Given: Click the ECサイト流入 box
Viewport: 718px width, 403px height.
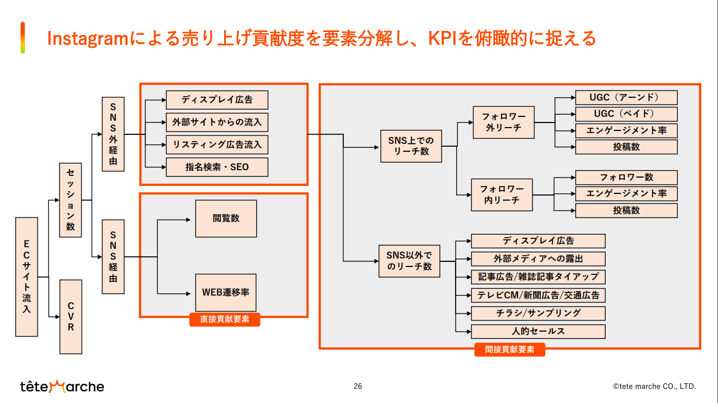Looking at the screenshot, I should point(26,277).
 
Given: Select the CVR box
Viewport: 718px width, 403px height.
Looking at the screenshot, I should point(71,316).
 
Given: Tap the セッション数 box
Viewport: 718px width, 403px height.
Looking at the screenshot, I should point(71,200).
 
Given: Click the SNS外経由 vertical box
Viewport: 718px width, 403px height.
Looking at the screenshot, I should point(113,134).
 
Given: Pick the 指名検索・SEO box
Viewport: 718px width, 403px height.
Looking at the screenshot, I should point(217,167).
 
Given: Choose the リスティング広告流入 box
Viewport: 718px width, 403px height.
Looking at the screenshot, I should point(217,144).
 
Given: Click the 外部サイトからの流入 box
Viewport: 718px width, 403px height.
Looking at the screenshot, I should point(217,122).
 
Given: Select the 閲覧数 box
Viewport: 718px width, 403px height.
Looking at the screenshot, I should point(226,218).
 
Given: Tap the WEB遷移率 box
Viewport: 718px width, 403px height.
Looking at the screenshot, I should point(226,293).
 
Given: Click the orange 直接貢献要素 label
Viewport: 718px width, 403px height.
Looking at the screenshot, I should point(225,319).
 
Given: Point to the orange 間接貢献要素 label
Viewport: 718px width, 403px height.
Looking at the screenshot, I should point(510,349).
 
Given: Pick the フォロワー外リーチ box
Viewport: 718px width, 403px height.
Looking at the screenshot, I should point(503,122).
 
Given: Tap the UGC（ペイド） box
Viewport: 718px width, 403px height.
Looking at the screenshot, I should point(626,114).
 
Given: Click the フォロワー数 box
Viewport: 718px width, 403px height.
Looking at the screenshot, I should point(626,177).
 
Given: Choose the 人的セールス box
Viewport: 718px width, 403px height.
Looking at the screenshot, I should point(538,331).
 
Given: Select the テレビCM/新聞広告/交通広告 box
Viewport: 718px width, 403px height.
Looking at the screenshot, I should point(538,295).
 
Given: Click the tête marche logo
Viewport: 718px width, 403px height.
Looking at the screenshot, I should point(62,386).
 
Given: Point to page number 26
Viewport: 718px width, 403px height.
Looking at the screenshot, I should point(358,386).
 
